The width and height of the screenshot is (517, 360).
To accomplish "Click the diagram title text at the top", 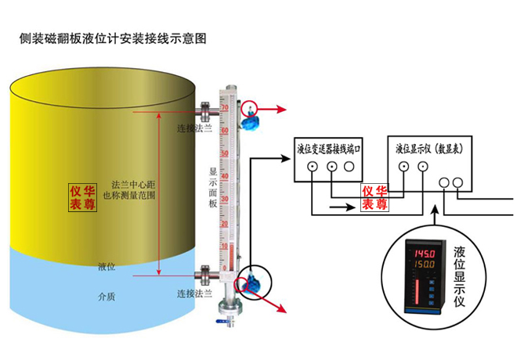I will pos(113,38).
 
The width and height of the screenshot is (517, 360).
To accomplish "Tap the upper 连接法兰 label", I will pos(194,129).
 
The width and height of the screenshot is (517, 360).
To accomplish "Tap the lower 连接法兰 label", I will pos(194,293).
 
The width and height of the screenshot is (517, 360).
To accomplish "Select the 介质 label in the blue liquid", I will pos(107,297).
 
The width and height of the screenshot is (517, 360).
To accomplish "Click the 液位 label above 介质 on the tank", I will pos(107,268).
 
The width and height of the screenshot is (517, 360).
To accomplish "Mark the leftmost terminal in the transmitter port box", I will pos(313,167).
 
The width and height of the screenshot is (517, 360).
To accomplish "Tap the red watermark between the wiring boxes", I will pos(374,197).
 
